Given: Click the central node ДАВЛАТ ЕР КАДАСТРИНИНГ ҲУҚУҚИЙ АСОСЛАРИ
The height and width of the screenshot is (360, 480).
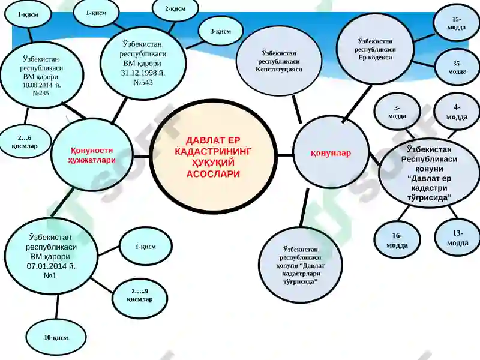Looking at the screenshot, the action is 213,157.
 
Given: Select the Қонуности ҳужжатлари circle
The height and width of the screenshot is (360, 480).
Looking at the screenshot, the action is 92,155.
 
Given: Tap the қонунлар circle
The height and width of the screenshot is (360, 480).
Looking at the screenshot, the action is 331,152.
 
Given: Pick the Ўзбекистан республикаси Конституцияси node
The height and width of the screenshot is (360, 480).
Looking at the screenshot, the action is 279,61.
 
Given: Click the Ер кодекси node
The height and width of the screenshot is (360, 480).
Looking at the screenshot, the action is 375,49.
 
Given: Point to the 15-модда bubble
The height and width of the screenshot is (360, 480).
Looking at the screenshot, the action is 457,23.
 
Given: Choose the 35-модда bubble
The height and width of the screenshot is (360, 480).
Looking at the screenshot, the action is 457,67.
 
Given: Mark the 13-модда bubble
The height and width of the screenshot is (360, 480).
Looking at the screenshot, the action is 457,238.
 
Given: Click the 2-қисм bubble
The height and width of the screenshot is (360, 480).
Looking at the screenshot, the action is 175,9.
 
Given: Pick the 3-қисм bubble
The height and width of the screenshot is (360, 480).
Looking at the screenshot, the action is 220,31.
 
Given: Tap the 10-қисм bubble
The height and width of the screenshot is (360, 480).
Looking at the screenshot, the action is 56,338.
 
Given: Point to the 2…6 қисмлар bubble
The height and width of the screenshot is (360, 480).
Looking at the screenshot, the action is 25,142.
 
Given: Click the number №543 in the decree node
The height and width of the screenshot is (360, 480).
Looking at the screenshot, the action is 143,82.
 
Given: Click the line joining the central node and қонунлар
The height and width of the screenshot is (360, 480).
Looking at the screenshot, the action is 285,155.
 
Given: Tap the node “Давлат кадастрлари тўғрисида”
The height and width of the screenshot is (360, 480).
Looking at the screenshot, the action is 301,265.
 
